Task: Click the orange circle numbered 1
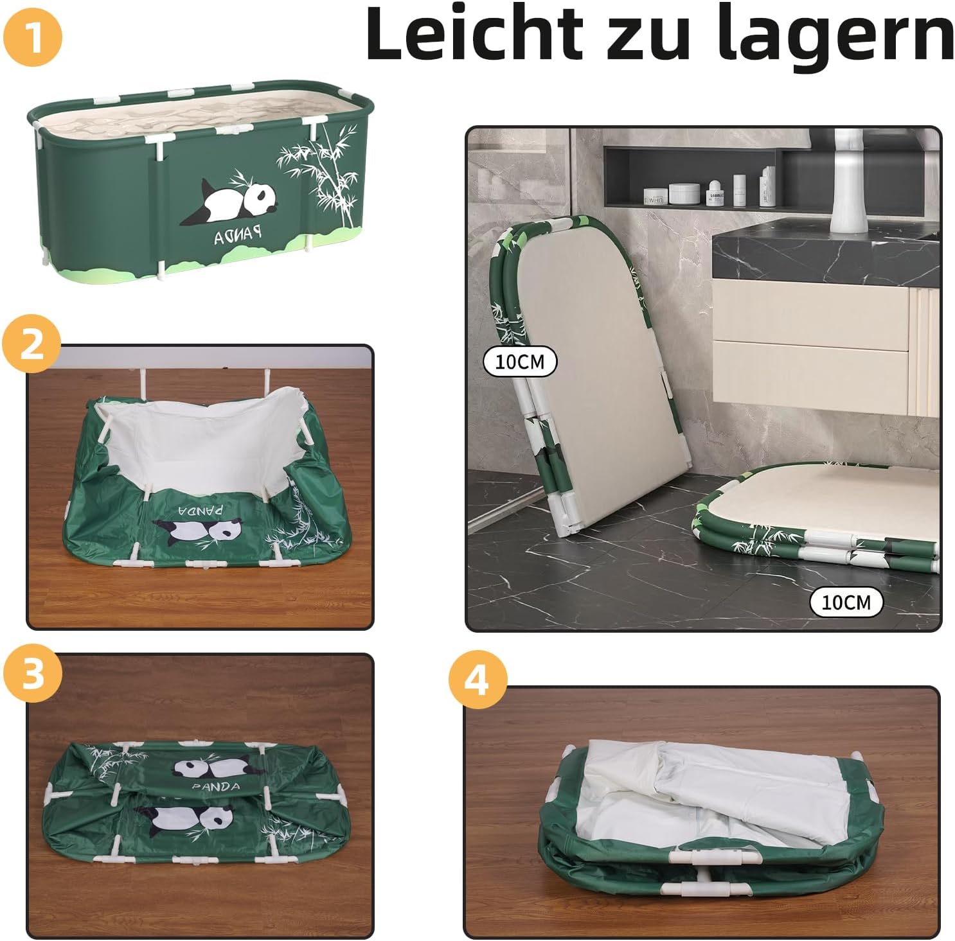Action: [33, 37]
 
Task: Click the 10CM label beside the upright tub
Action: [520, 362]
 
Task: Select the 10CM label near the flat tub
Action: [846, 602]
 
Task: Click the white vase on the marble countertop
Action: [849, 181]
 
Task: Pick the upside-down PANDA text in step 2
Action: [201, 509]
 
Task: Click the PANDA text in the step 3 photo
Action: [216, 787]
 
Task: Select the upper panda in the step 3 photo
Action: [217, 768]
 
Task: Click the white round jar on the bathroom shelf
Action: [684, 193]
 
